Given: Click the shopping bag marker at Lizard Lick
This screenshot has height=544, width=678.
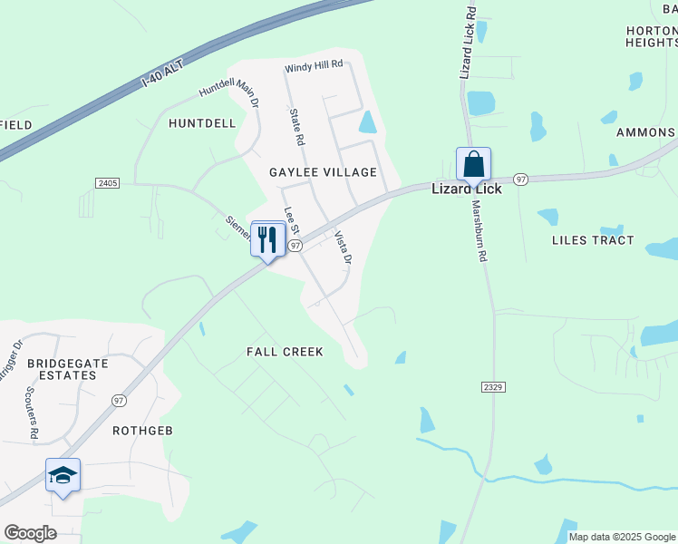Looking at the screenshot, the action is coord(473,165).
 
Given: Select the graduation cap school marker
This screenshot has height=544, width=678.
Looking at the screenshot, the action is coord(63,476).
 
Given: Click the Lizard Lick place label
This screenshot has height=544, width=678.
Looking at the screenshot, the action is coord(464,189).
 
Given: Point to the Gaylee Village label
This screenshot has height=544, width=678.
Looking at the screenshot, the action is coord(323,172).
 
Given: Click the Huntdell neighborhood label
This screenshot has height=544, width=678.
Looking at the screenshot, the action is coord(201,123).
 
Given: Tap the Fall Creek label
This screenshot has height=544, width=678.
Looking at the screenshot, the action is coord(286,352).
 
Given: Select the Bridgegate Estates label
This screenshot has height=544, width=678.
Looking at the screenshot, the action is coord(62,368).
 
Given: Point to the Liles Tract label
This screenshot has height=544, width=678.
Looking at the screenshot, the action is coord(593,240).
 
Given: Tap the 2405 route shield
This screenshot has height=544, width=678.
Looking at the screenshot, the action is coord(107,183).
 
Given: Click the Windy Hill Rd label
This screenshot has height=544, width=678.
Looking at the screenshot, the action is coord(314,65).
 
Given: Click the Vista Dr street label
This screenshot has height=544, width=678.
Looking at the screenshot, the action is coord(343,248).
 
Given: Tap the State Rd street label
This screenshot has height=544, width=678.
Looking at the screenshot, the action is coord(295,128).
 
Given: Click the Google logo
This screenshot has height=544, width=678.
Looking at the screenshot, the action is coord(30,533).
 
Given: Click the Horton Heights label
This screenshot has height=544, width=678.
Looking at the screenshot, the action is coord(652,36).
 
